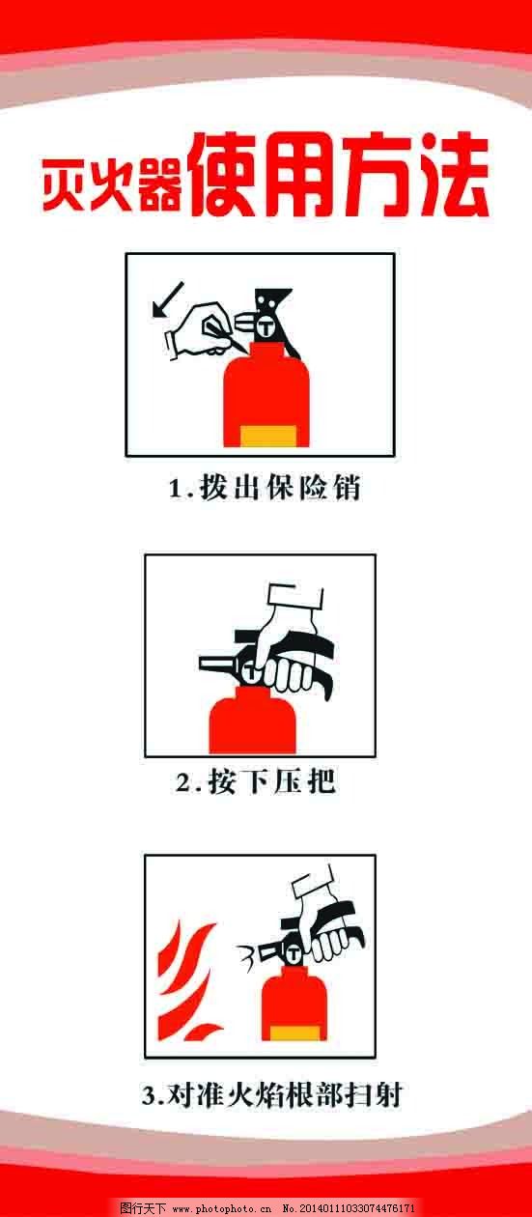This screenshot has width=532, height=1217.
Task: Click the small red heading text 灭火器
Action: [x=111, y=185]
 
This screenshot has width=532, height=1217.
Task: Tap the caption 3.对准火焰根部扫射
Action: [x=270, y=1095]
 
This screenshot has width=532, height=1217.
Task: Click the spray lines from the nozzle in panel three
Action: [x=248, y=958]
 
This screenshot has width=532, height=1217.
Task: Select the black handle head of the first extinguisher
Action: [x=270, y=309]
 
